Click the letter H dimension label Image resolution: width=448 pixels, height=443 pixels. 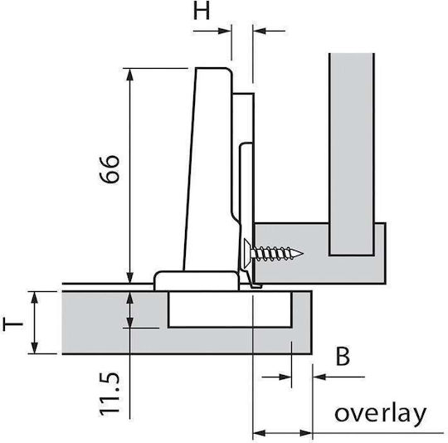coord(202,12)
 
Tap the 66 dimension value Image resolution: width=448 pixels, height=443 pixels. coord(110,169)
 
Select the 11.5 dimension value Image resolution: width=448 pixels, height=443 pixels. coord(110,394)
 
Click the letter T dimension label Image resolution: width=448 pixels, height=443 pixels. coord(12,324)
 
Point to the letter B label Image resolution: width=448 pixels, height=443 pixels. coord(343,357)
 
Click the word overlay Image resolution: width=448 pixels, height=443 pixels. coord(380,413)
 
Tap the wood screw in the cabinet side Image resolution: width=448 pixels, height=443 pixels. coord(274,252)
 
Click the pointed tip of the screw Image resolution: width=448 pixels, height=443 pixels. coord(303,253)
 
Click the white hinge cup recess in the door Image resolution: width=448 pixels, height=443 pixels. coord(230,309)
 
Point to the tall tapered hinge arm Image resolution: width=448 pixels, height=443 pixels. coord(207,169)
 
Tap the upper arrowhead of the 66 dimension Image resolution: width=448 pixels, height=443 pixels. coord(130,75)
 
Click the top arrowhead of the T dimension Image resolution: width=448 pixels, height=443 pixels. coord(34,298)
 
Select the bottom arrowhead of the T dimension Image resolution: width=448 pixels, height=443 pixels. coord(34,348)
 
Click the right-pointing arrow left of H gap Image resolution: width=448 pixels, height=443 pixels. coord(212,31)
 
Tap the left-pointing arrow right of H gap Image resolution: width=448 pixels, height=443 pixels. coord(269,31)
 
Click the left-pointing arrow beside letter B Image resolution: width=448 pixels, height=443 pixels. coord(338,377)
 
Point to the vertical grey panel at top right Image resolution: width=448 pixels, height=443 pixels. coord(352,153)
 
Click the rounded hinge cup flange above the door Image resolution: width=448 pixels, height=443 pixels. coord(197,280)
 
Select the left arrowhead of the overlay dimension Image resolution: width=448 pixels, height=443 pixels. coord(259,433)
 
